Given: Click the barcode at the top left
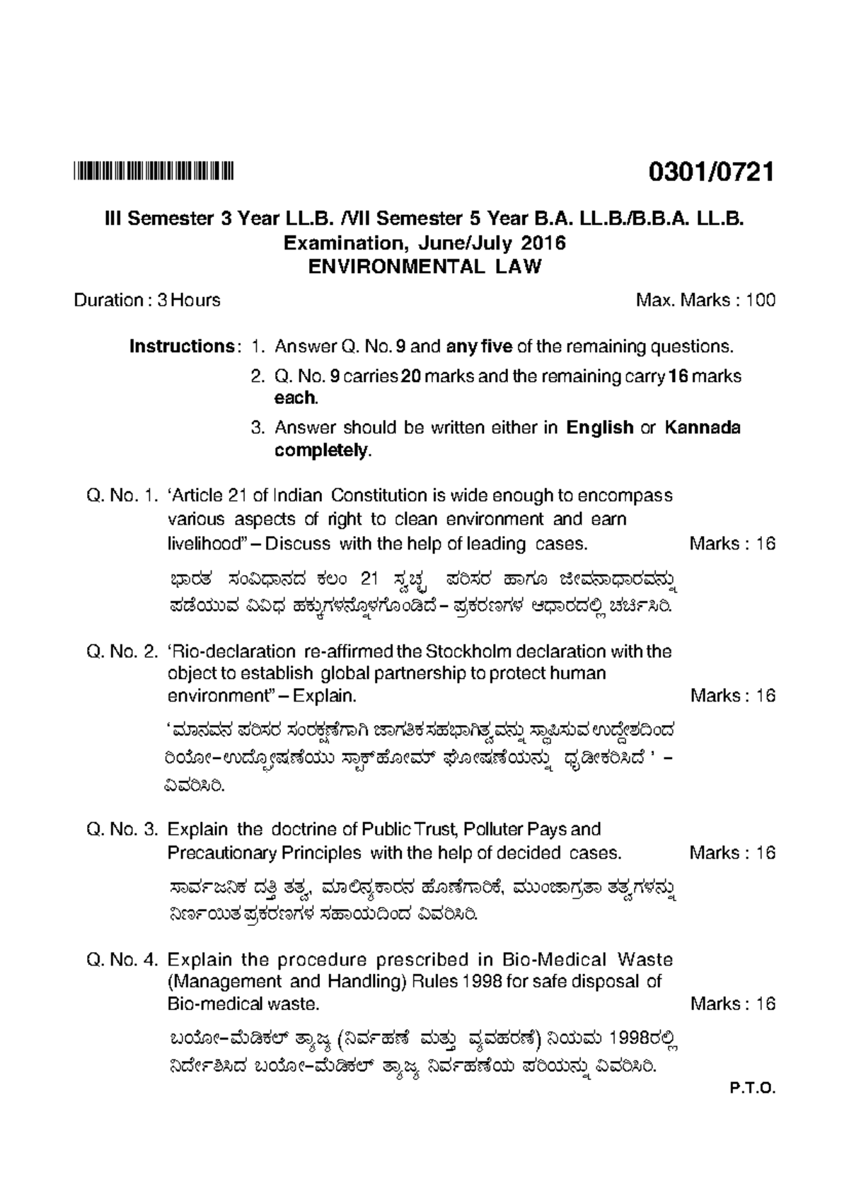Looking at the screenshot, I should coord(154,172).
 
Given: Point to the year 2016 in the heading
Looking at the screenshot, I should coord(543,243).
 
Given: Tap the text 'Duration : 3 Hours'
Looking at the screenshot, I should coord(147,301).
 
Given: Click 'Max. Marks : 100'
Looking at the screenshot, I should coord(705,301).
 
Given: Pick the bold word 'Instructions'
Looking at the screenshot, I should coord(181,347).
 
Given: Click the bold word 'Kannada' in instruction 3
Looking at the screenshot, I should coord(703,428).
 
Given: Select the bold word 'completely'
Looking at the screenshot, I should coord(321,451).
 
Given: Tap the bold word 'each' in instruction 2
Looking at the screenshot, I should coord(295,398).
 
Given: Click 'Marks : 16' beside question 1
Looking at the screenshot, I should coord(732,544).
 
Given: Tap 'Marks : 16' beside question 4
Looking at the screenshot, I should coord(732,1004).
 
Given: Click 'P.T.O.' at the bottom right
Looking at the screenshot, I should coord(753,1108).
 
